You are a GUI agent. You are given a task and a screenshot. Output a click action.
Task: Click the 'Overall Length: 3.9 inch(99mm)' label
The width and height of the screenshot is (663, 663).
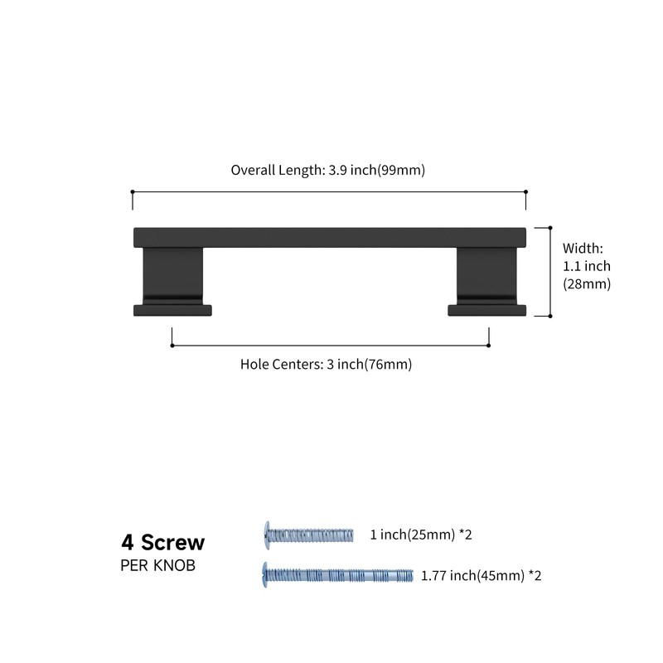[x=327, y=170]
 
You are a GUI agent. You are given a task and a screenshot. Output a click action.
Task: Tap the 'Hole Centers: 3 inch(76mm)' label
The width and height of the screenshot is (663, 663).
[x=326, y=364]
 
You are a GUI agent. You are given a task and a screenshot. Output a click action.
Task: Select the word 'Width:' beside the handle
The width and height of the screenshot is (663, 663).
[x=583, y=248]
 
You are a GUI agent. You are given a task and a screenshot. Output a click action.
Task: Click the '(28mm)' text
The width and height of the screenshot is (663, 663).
[x=587, y=283]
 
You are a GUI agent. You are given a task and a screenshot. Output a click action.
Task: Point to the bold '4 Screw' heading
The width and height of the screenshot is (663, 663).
[x=162, y=543]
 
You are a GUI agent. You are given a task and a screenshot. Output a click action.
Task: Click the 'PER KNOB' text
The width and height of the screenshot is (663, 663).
[x=157, y=566]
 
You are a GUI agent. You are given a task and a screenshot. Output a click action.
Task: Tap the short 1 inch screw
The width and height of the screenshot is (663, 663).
[x=308, y=535]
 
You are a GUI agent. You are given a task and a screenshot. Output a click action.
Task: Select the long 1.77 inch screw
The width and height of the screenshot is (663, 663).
[x=338, y=575]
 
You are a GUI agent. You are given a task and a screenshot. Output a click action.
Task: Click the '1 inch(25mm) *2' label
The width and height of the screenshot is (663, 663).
[x=421, y=535]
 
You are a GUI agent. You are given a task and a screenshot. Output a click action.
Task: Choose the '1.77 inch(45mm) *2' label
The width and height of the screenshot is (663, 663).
[x=482, y=576]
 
